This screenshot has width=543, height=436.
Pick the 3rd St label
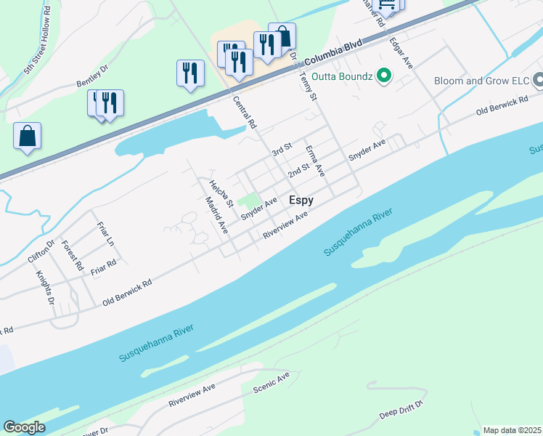click(281, 150)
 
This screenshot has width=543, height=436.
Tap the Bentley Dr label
click(91, 78)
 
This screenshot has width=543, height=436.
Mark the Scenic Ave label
click(271, 382)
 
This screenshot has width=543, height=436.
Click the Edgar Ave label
click(401, 53)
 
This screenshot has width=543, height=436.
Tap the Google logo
click(24, 427)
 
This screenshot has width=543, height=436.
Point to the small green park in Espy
click(249, 199)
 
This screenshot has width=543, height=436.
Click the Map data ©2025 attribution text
click(512, 430)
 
